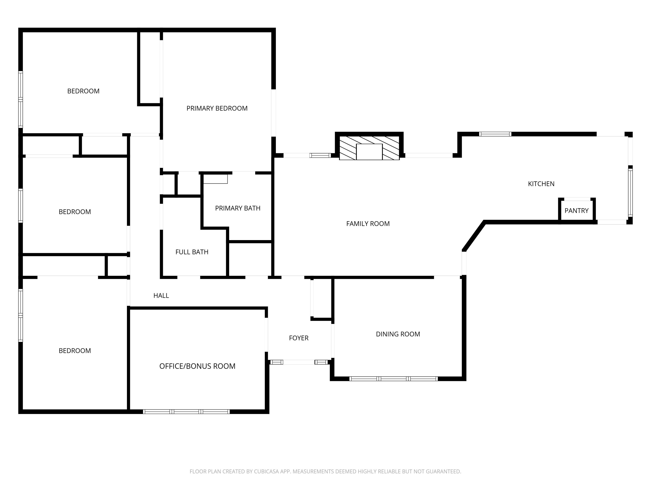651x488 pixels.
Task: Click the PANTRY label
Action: [576, 211]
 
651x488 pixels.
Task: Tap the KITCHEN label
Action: [541, 184]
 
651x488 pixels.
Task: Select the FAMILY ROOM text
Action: [368, 224]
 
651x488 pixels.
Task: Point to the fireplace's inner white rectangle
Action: [369, 152]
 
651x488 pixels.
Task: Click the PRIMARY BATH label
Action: [237, 208]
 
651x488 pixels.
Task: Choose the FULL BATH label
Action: [192, 252]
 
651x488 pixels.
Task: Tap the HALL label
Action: [161, 296]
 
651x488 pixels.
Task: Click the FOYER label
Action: [298, 338]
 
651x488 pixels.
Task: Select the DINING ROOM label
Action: [398, 334]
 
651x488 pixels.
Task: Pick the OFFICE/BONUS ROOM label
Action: [197, 366]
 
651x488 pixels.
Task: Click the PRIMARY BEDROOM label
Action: [217, 108]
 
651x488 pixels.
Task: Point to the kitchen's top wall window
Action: [495, 134]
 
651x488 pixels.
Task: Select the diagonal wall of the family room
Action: [473, 236]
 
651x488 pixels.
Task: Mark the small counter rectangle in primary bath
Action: [215, 179]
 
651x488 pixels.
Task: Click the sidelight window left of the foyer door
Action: [276, 362]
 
